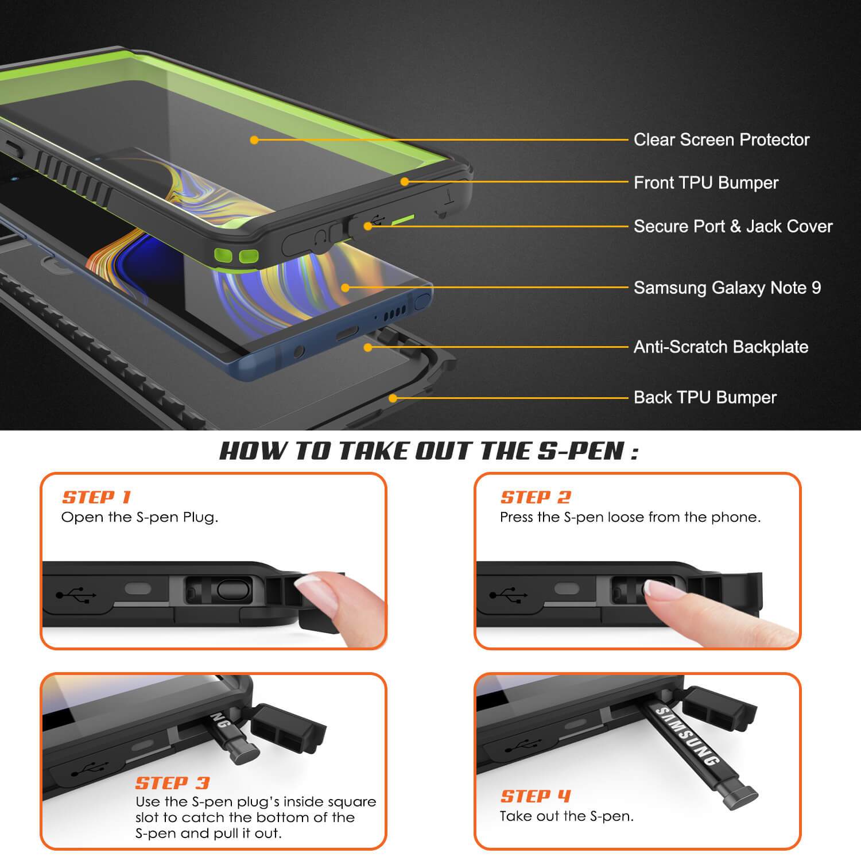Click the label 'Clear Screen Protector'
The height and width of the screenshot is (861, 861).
722,139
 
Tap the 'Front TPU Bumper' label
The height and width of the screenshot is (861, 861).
706,183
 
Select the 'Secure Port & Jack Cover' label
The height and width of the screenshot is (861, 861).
733,226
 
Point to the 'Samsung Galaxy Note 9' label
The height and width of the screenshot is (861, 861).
727,288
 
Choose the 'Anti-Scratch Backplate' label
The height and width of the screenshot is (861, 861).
721,347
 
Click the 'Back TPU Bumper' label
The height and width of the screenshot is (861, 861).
705,397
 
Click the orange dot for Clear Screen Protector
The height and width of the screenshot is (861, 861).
254,140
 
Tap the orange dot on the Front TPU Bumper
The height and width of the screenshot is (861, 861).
405,182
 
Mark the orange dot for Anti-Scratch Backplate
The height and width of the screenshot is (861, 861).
368,347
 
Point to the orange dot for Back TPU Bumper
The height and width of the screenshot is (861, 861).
393,398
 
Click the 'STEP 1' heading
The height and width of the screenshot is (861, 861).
97,497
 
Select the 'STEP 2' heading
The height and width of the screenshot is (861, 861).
536,497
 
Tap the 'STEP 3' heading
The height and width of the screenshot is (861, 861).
172,783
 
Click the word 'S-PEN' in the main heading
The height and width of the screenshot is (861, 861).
580,451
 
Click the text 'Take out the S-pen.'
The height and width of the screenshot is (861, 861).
567,816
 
